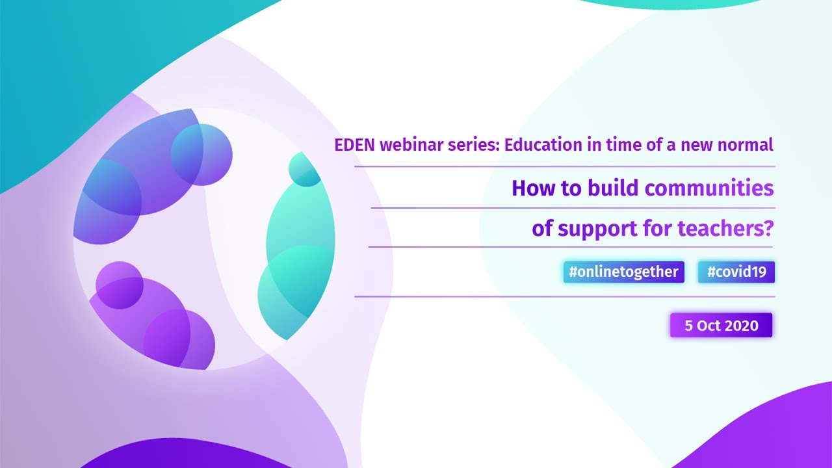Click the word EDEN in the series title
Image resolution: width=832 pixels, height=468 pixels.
[355, 145]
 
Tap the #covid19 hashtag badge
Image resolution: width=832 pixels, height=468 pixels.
[736, 272]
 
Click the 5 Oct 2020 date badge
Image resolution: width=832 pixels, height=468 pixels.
[721, 326]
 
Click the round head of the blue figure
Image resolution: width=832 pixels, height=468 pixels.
[201, 155]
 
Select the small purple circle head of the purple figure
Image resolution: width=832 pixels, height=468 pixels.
[120, 285]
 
